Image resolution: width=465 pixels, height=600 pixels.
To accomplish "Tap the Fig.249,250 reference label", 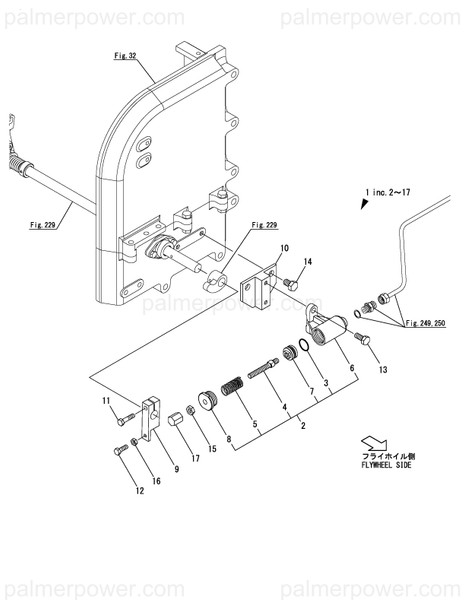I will [x=428, y=323].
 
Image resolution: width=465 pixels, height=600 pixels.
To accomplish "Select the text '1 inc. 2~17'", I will [x=398, y=190].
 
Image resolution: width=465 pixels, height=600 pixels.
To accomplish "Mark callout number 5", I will [x=256, y=423].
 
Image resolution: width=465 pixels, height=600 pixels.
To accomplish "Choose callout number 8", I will [x=228, y=437].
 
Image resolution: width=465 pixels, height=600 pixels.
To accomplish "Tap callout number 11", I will [x=105, y=402].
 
